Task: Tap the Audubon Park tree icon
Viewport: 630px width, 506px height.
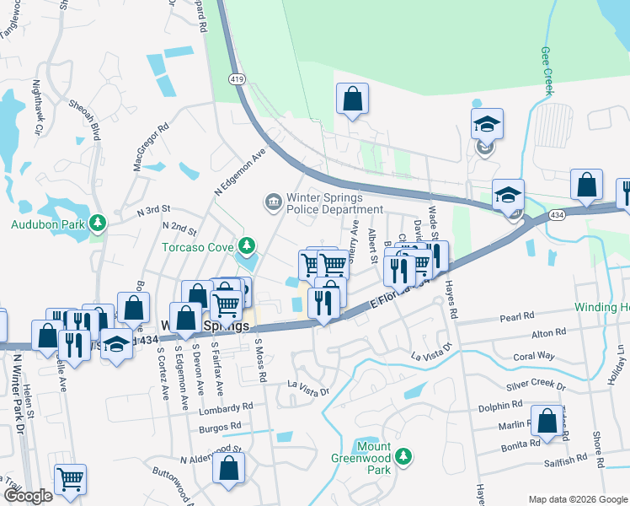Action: coord(99,223)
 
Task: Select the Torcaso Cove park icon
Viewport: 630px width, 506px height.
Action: coord(246,246)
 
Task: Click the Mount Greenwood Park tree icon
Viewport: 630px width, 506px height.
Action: coord(404,456)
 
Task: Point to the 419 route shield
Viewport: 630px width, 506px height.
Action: coord(237,78)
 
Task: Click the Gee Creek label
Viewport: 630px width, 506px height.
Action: coord(547,71)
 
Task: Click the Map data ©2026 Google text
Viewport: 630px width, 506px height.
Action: coord(578,499)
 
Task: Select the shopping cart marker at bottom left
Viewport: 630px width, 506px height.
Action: coord(71,480)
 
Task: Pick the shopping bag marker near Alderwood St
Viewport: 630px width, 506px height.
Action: coord(228,469)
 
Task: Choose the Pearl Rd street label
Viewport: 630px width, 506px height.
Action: coord(517,316)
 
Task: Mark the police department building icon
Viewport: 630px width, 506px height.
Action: coord(273,201)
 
